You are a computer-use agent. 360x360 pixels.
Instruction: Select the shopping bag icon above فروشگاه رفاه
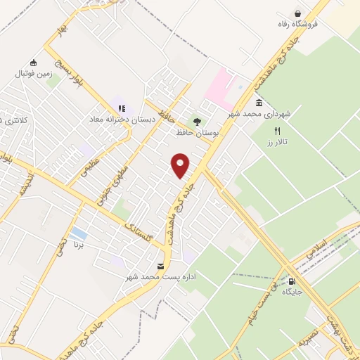(298, 13)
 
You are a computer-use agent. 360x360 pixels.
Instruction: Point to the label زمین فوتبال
(32, 73)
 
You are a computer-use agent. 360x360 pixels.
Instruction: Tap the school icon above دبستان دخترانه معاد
(122, 109)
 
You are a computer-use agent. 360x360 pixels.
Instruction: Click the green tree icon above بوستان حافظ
(197, 120)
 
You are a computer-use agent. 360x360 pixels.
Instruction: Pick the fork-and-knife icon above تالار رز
(277, 131)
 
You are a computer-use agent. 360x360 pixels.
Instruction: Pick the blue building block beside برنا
(79, 233)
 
